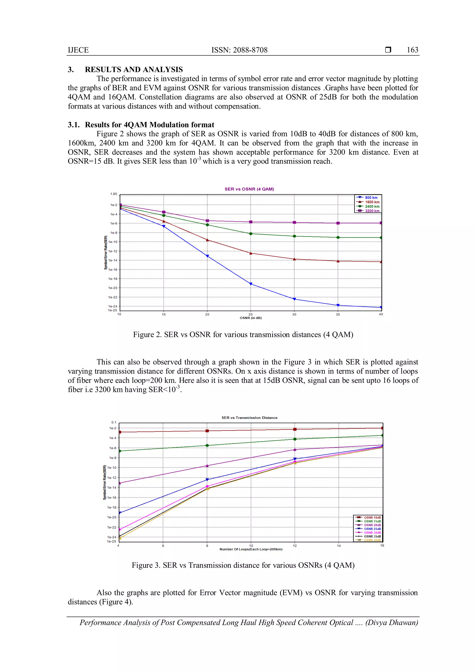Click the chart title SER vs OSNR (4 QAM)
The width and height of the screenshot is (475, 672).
coord(249,189)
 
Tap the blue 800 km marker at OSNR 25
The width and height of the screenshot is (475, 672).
coord(251,284)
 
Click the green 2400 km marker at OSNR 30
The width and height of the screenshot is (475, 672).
coord(294,236)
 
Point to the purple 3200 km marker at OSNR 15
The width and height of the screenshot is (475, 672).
coord(164,212)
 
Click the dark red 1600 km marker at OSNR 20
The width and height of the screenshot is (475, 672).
coord(207,240)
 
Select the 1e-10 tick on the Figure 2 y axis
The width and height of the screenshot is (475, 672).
coord(113,242)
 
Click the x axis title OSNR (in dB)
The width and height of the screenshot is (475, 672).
coord(251,318)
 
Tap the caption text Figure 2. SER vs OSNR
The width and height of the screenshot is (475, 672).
coord(243,335)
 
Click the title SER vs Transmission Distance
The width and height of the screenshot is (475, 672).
coord(249,418)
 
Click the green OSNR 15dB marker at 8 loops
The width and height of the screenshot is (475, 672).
coord(207,446)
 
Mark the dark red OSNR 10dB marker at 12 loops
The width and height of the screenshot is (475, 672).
coord(295,429)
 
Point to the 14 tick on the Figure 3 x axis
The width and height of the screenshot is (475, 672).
coord(338,546)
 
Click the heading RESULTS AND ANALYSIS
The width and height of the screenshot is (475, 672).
coord(134,69)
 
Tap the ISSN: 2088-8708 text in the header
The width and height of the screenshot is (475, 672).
coord(239,50)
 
